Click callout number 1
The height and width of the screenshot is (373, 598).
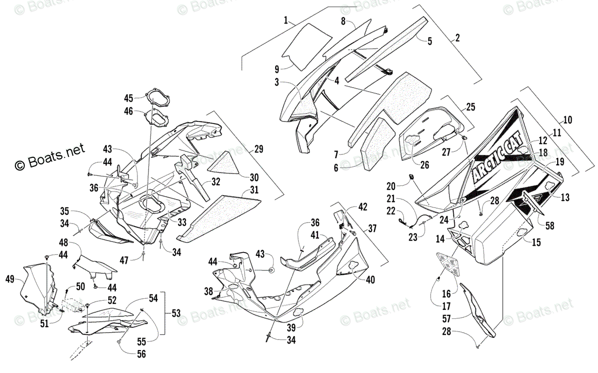coord(286,20)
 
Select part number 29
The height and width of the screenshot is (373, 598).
coord(259,149)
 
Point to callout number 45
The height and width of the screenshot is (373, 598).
coord(129,98)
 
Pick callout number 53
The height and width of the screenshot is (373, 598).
coord(176,313)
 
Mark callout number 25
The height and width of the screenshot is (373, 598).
coord(471,107)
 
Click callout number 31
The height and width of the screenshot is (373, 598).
coord(254,190)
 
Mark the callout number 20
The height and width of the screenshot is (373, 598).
coord(391,186)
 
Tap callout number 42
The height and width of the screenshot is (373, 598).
coord(362,207)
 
